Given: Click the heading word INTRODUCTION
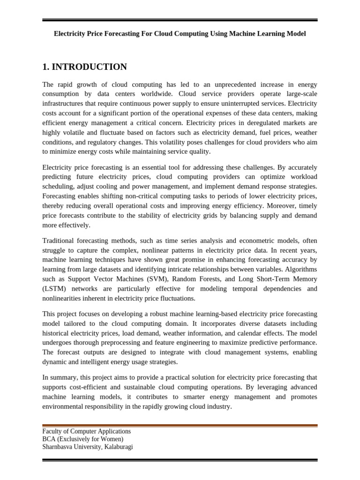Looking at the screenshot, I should click(89, 67).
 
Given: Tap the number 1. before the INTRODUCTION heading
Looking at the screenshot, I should click(46, 67).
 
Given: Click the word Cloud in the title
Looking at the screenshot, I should click(168, 34).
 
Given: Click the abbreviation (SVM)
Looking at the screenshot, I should click(137, 279).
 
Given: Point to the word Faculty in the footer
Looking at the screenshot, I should click(53, 431).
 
